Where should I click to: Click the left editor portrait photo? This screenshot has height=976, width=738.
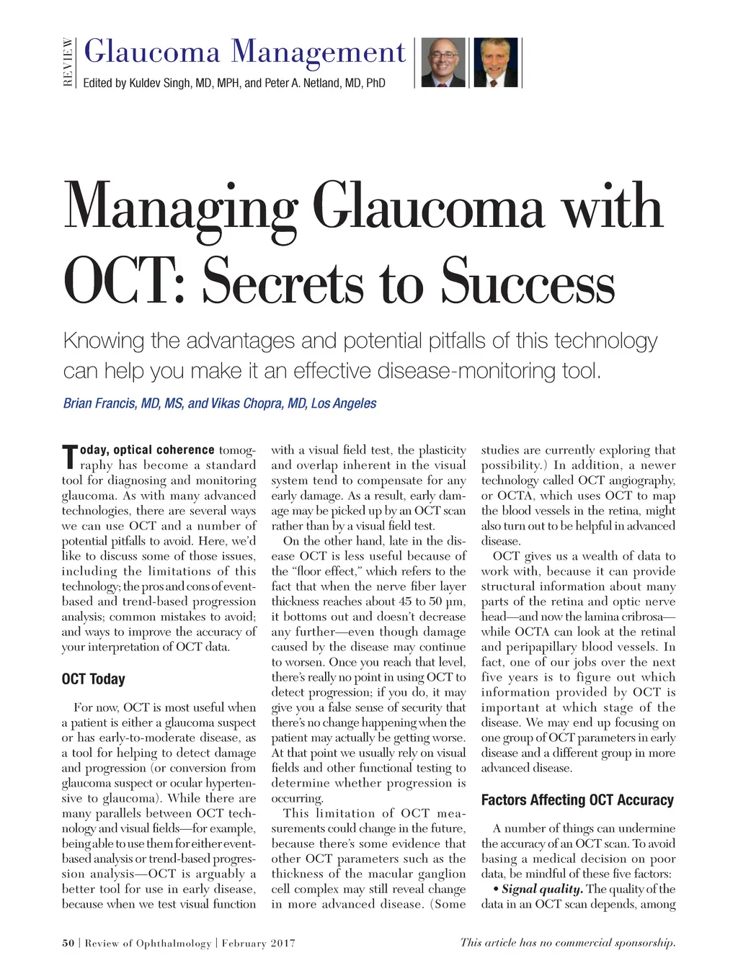(443, 63)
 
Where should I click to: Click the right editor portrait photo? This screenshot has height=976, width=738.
(494, 63)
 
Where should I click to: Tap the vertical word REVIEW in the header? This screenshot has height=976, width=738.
(68, 62)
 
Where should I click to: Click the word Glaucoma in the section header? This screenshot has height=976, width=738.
(152, 52)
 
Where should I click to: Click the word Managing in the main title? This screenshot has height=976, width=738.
(180, 208)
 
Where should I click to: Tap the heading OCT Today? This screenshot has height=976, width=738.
(94, 679)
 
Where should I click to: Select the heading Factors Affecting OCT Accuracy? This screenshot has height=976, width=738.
(577, 800)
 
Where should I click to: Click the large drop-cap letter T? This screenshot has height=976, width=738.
(69, 457)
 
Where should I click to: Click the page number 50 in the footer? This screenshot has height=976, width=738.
(68, 943)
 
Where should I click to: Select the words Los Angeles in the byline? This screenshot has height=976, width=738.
(343, 403)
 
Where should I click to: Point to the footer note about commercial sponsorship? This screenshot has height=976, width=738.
(568, 942)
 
